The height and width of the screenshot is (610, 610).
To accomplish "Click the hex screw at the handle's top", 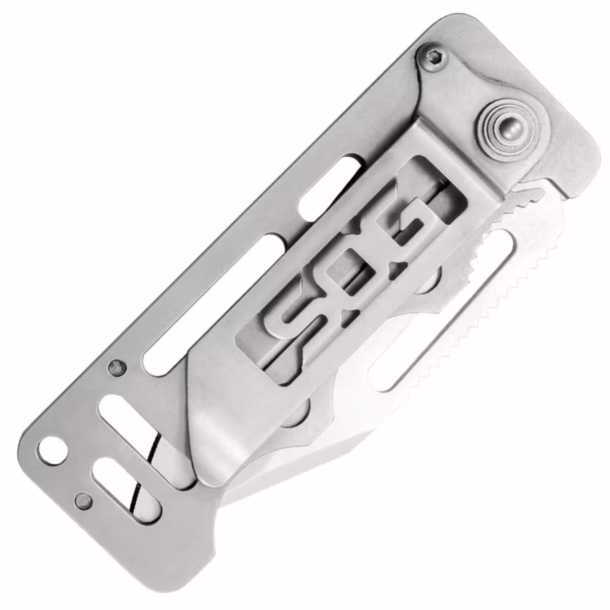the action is pyautogui.click(x=433, y=57).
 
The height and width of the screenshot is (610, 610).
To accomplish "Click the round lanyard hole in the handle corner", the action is pyautogui.click(x=52, y=451).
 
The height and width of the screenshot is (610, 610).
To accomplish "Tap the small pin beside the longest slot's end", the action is pyautogui.click(x=115, y=368).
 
